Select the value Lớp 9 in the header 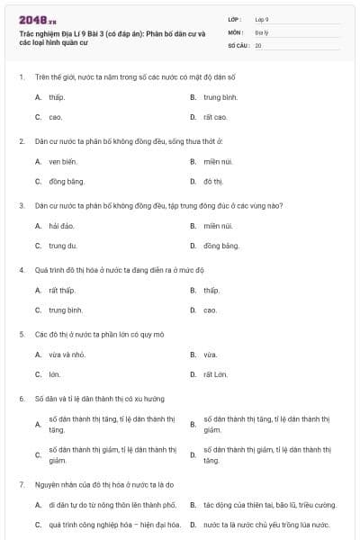pyautogui.click(x=262, y=18)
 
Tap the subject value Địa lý pyautogui.click(x=261, y=31)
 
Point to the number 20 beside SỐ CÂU pyautogui.click(x=258, y=43)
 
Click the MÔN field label pyautogui.click(x=235, y=31)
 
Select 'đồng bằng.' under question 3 pyautogui.click(x=221, y=246)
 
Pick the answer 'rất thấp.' pyautogui.click(x=62, y=290)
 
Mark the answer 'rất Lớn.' pyautogui.click(x=215, y=374)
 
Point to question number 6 pyautogui.click(x=21, y=398)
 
